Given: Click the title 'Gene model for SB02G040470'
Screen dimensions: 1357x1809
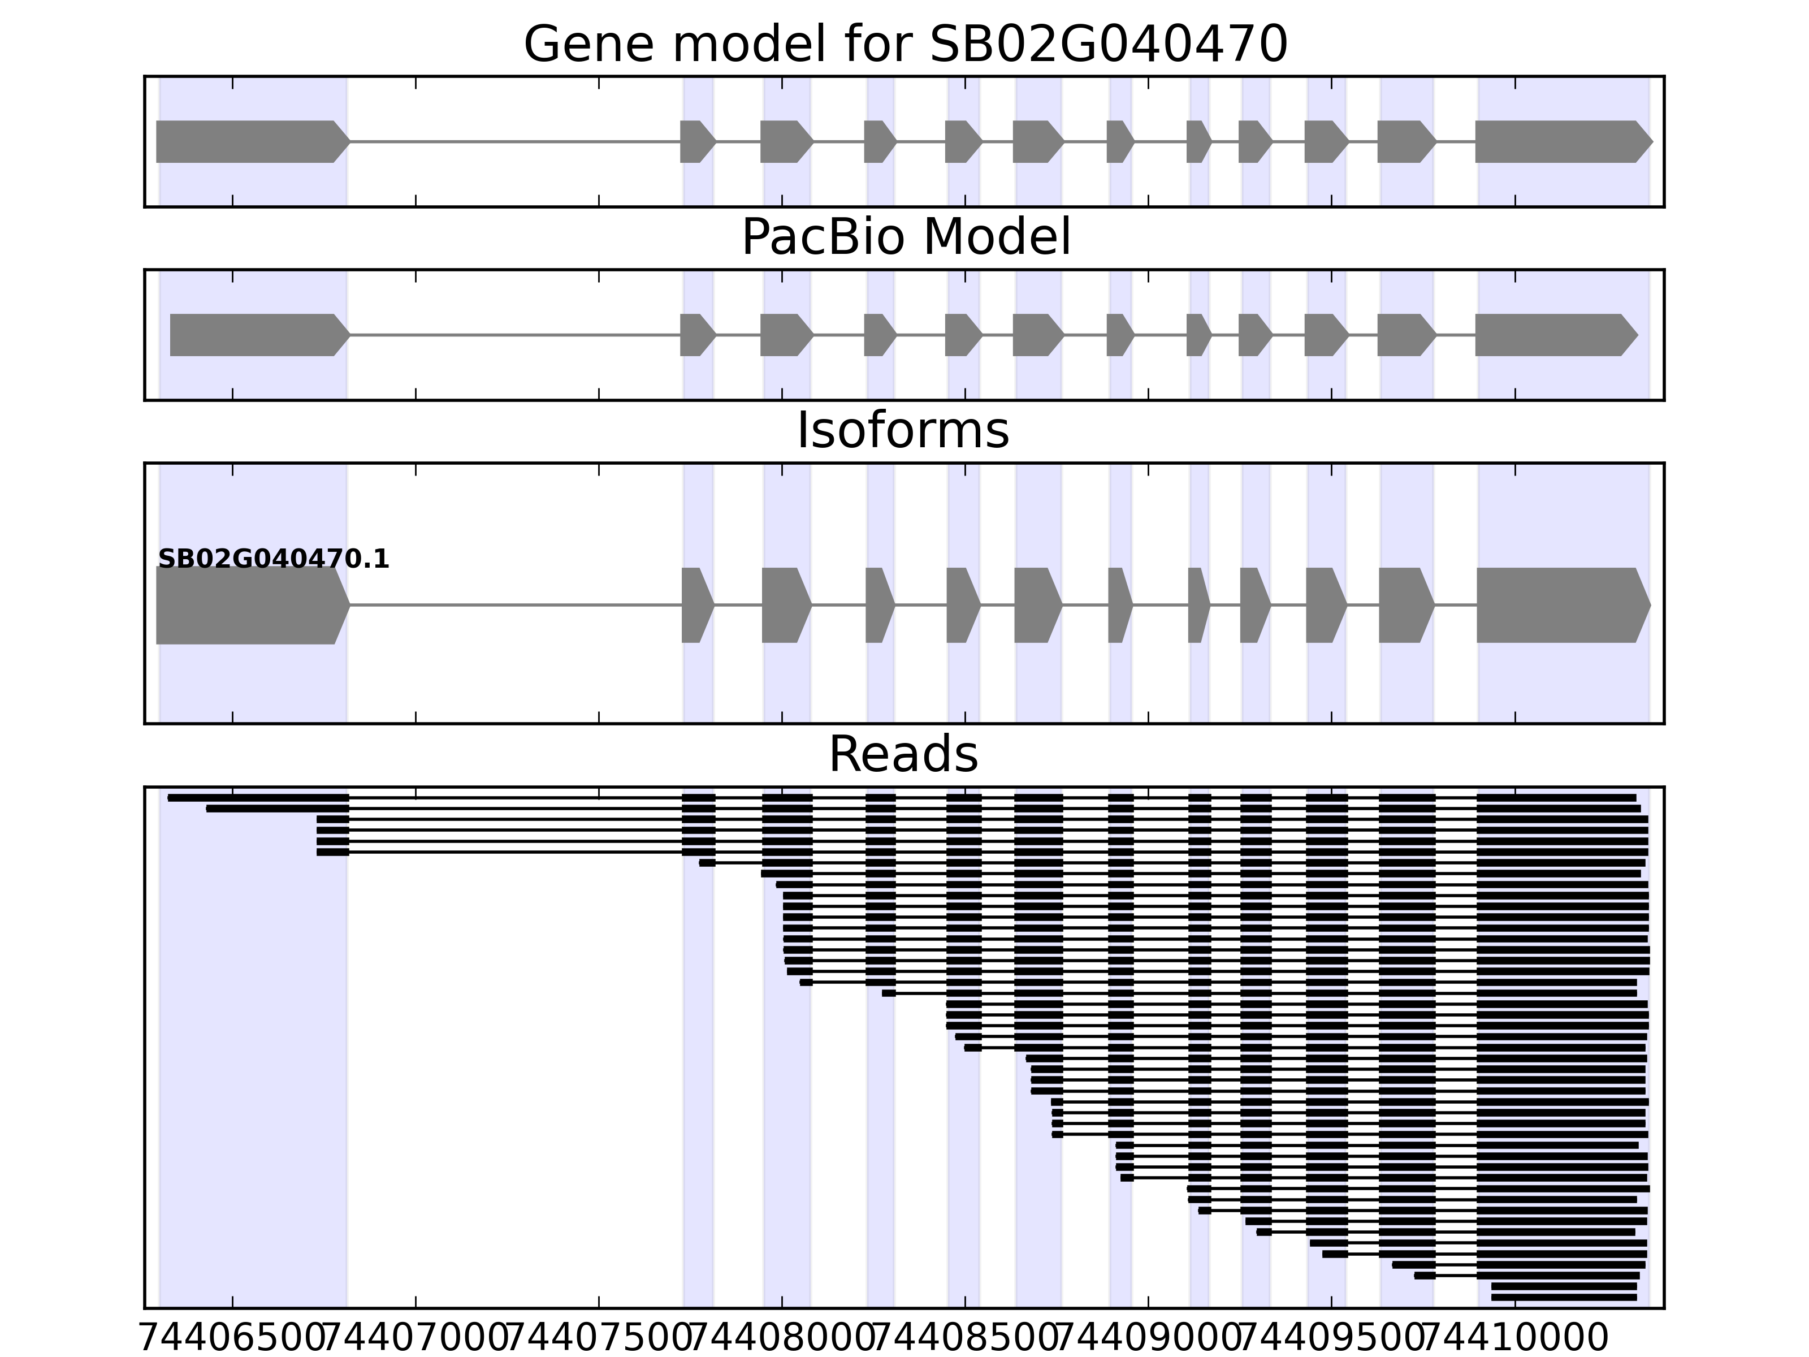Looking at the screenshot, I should (x=904, y=44).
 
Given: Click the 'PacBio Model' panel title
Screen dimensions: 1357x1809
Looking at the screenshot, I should (x=904, y=237).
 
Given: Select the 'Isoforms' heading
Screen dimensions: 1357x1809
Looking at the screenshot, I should (x=903, y=430).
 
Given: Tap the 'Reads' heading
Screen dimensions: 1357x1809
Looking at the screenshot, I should (x=903, y=754).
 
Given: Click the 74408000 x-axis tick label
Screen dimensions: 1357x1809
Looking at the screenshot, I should (x=782, y=1338).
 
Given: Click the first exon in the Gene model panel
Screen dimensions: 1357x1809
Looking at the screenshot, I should (x=249, y=141).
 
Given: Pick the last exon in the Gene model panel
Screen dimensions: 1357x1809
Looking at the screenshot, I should (x=1560, y=141).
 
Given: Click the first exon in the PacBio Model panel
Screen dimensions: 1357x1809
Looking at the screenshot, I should (x=257, y=335).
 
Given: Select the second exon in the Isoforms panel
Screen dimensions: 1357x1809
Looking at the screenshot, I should (x=696, y=606).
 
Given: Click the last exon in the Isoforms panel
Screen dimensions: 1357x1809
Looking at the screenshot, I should (x=1560, y=606).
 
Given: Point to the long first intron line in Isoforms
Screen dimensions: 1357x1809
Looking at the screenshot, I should (x=515, y=606).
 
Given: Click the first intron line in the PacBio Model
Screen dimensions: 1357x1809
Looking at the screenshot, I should (x=515, y=335).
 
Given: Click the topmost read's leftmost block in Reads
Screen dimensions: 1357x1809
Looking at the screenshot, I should (x=258, y=797).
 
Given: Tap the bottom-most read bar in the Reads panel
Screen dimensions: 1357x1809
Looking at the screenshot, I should (x=1564, y=1297).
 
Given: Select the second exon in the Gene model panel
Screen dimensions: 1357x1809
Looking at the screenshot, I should (x=696, y=141).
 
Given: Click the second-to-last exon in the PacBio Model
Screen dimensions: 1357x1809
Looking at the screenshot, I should (x=1404, y=335).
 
